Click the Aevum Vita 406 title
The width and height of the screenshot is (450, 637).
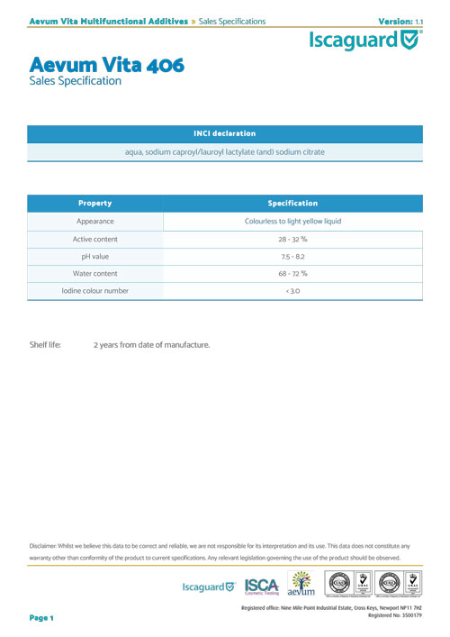pyautogui.click(x=107, y=66)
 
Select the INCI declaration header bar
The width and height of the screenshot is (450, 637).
pyautogui.click(x=225, y=133)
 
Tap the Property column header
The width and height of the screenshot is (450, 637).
pyautogui.click(x=94, y=203)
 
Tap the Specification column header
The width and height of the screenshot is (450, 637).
pyautogui.click(x=292, y=203)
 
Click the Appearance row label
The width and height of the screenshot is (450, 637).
pyautogui.click(x=94, y=221)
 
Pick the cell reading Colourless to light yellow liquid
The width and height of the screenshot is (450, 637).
pyautogui.click(x=292, y=221)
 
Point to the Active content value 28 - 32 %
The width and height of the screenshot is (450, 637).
pyautogui.click(x=292, y=239)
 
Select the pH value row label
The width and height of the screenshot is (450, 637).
pyautogui.click(x=94, y=256)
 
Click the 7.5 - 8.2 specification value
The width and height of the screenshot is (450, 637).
pyautogui.click(x=292, y=256)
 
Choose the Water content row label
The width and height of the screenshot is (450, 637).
pyautogui.click(x=94, y=273)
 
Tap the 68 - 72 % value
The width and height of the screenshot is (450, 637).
pyautogui.click(x=292, y=273)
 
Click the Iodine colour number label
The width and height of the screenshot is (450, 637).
pyautogui.click(x=94, y=291)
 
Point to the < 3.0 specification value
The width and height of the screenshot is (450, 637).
pyautogui.click(x=292, y=291)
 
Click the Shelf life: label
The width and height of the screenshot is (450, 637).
pyautogui.click(x=45, y=345)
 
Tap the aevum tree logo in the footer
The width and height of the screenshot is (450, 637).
pyautogui.click(x=301, y=584)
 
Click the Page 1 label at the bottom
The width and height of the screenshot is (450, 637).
pyautogui.click(x=42, y=618)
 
